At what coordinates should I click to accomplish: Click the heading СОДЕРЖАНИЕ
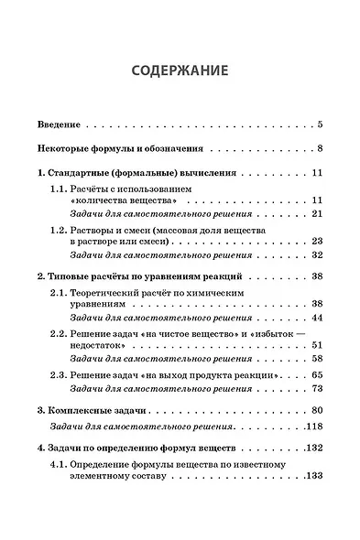(x=180, y=70)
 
